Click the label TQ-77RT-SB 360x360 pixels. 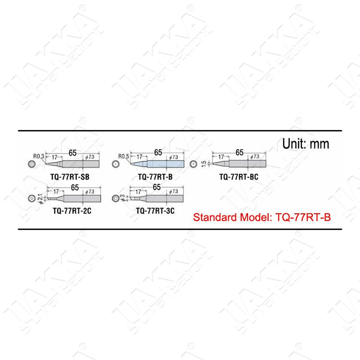(x=70, y=177)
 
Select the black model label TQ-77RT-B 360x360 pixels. (x=155, y=177)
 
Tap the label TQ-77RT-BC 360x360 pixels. (x=239, y=177)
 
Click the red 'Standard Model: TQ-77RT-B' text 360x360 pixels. (x=262, y=217)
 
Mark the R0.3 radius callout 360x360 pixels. (x=38, y=156)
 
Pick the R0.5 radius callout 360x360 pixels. (x=124, y=156)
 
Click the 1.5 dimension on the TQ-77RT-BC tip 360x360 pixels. (x=204, y=164)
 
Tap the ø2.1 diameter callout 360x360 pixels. (x=39, y=198)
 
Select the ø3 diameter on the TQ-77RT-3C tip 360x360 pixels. (x=122, y=198)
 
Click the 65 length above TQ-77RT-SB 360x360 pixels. (x=72, y=152)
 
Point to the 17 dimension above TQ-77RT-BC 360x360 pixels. (x=221, y=157)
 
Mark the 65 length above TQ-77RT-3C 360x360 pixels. (x=156, y=187)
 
